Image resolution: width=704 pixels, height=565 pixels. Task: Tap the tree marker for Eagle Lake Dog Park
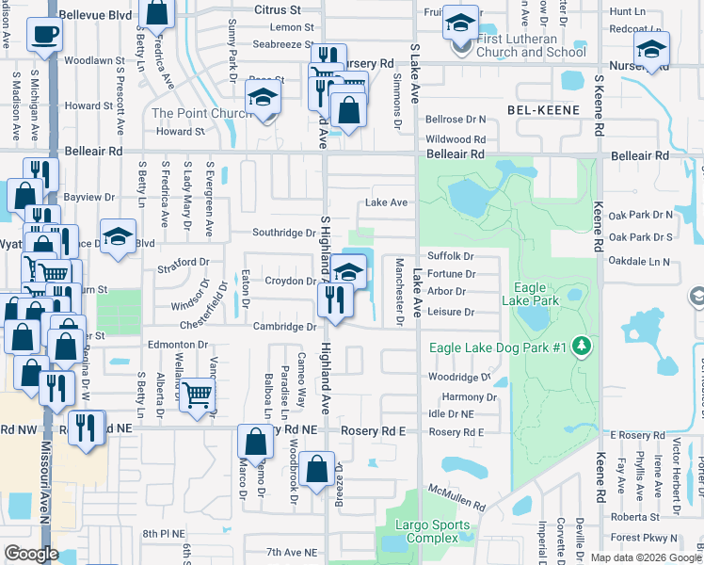583,347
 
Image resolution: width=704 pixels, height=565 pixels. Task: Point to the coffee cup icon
43,36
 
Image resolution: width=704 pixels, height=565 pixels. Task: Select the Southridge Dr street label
283,233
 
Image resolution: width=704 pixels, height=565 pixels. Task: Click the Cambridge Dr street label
283,327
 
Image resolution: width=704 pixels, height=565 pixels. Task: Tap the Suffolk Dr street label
449,256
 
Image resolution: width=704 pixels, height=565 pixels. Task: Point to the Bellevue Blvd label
95,16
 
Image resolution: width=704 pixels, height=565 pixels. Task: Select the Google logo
31,554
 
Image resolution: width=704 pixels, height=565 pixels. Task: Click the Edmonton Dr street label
176,345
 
